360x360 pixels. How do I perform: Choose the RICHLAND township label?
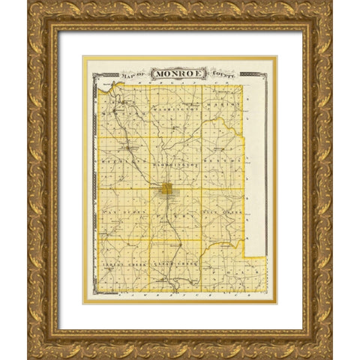tap(121, 159)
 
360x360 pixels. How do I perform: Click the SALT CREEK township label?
tap(226, 212)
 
